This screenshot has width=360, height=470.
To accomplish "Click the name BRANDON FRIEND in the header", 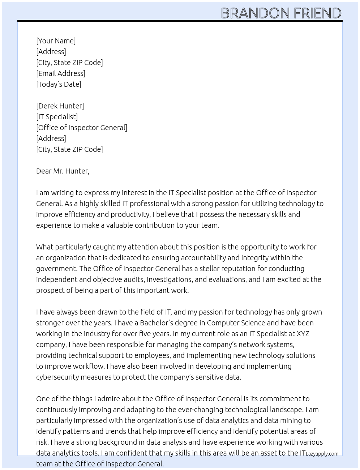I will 281,13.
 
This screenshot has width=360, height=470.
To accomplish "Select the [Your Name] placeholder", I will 56,41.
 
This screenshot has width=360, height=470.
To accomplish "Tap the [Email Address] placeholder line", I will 61,73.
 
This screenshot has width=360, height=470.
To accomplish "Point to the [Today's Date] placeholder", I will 59,84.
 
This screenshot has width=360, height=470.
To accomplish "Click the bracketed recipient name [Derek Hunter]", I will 60,106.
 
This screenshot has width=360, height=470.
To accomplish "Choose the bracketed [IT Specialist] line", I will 57,117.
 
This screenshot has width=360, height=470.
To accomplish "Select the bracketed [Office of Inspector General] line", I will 82,128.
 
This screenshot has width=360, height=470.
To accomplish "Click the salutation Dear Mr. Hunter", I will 63,171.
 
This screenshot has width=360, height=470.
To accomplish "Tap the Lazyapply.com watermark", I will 322,454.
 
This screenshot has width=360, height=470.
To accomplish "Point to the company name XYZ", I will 303,334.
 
